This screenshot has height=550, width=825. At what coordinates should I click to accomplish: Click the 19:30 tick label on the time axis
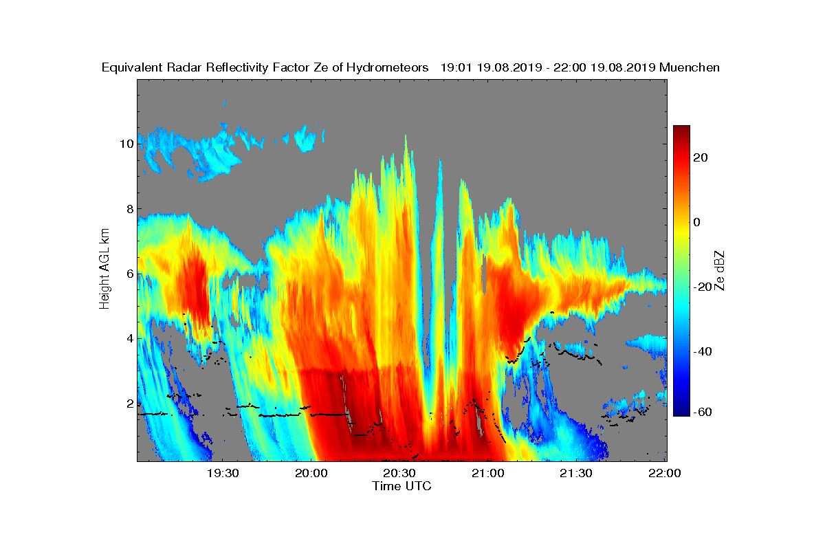tap(223, 473)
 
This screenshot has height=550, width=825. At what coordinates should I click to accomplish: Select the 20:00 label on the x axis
tap(311, 473)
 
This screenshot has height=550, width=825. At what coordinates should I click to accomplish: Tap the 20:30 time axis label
tap(399, 473)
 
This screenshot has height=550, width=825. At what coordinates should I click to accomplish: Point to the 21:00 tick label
tap(488, 473)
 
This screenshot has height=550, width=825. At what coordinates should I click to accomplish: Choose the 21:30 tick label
tap(576, 473)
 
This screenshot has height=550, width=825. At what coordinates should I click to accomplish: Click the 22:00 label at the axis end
tap(664, 473)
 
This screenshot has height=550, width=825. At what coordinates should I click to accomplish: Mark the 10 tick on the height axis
tap(126, 144)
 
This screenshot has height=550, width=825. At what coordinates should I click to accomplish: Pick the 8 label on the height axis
tap(130, 209)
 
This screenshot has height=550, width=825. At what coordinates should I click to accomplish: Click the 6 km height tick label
tap(130, 274)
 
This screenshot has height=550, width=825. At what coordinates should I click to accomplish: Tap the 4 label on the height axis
tap(130, 338)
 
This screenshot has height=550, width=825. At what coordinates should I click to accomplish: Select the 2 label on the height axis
tap(130, 404)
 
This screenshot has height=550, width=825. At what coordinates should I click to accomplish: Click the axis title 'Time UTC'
tap(401, 486)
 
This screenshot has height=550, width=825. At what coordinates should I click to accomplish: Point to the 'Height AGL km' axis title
tap(104, 269)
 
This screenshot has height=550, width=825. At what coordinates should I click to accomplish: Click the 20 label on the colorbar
tap(700, 157)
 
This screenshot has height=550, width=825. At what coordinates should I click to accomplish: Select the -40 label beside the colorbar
tap(703, 351)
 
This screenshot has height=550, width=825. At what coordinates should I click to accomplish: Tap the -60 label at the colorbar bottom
tap(703, 412)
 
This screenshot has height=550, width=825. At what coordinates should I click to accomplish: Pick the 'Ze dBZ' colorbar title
tap(719, 271)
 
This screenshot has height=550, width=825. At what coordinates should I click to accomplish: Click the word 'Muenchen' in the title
tap(690, 67)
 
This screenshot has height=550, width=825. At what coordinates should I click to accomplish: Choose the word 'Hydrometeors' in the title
tap(387, 68)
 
